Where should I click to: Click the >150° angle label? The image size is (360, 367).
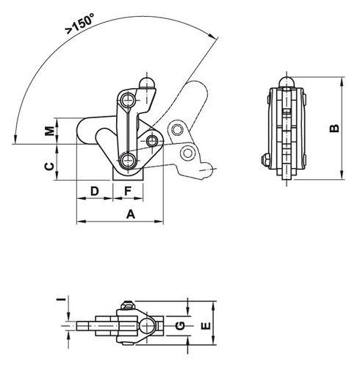click(79, 23)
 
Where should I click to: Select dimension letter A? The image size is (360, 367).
click(131, 214)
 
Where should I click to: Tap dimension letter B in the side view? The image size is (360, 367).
click(334, 128)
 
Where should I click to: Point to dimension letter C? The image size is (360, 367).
click(49, 167)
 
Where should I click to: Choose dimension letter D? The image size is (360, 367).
click(95, 191)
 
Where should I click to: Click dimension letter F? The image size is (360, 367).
click(128, 191)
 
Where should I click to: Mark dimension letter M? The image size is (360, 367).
click(50, 131)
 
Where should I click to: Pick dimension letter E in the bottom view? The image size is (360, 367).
click(206, 326)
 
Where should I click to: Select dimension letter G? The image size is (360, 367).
click(181, 326)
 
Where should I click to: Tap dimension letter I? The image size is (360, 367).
click(62, 299)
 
